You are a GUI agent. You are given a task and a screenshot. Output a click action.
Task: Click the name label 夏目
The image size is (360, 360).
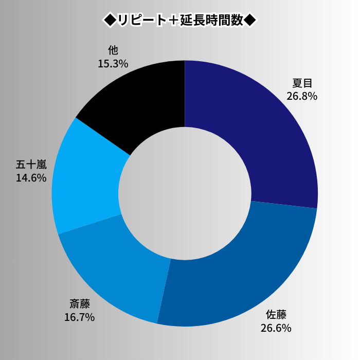point(302,83)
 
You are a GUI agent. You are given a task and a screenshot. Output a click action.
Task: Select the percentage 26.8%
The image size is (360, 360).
point(302,96)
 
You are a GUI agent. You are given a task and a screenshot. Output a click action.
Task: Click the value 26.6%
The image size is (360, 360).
point(276,328)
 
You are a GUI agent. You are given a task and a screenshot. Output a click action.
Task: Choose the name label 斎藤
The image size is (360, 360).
point(79,304)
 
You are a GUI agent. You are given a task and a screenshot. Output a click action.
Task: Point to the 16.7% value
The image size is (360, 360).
point(79,317)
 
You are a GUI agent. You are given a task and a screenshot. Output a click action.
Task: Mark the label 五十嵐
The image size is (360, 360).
point(31,165)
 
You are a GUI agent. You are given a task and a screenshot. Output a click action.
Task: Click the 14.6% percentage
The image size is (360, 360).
point(31,178)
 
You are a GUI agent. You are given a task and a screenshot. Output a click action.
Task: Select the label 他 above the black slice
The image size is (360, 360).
point(113,50)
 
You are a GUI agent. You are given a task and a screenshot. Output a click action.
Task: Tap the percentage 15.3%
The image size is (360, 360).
point(113,63)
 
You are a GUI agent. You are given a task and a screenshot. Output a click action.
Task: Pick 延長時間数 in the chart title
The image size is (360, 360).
point(211,20)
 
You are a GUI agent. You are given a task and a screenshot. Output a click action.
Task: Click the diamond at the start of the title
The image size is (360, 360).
point(110,20)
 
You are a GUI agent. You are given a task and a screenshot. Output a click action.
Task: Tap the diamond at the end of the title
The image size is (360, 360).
point(249,20)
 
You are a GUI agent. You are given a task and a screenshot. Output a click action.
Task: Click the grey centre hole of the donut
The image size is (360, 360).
point(185,193)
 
